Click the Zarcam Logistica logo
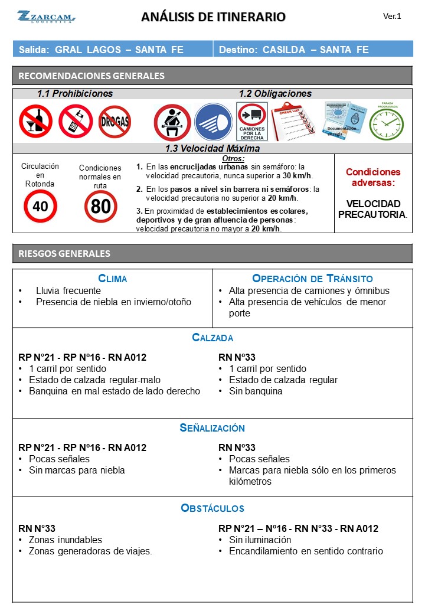46,17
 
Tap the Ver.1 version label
392,17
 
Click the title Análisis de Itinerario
213,17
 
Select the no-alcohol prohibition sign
35,122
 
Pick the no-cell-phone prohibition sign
75,122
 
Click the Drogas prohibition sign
115,122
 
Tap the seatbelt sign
172,122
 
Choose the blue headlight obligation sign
213,122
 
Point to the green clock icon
386,123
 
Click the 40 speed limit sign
40,206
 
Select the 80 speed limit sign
100,207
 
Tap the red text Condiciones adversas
372,177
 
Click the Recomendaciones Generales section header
91,76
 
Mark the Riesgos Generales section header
64,253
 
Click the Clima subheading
112,279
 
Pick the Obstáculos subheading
212,508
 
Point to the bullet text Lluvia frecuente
68,290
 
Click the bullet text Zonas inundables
65,540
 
